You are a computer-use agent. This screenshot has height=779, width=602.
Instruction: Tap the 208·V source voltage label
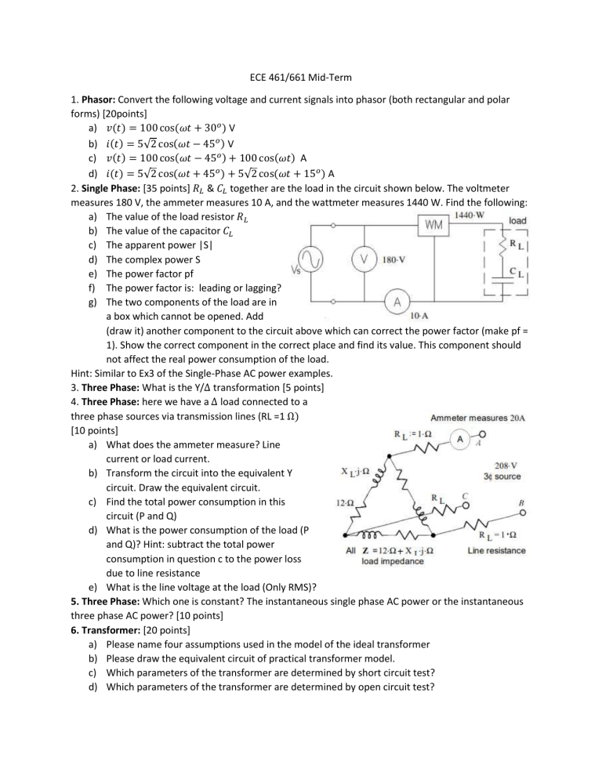(506, 463)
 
